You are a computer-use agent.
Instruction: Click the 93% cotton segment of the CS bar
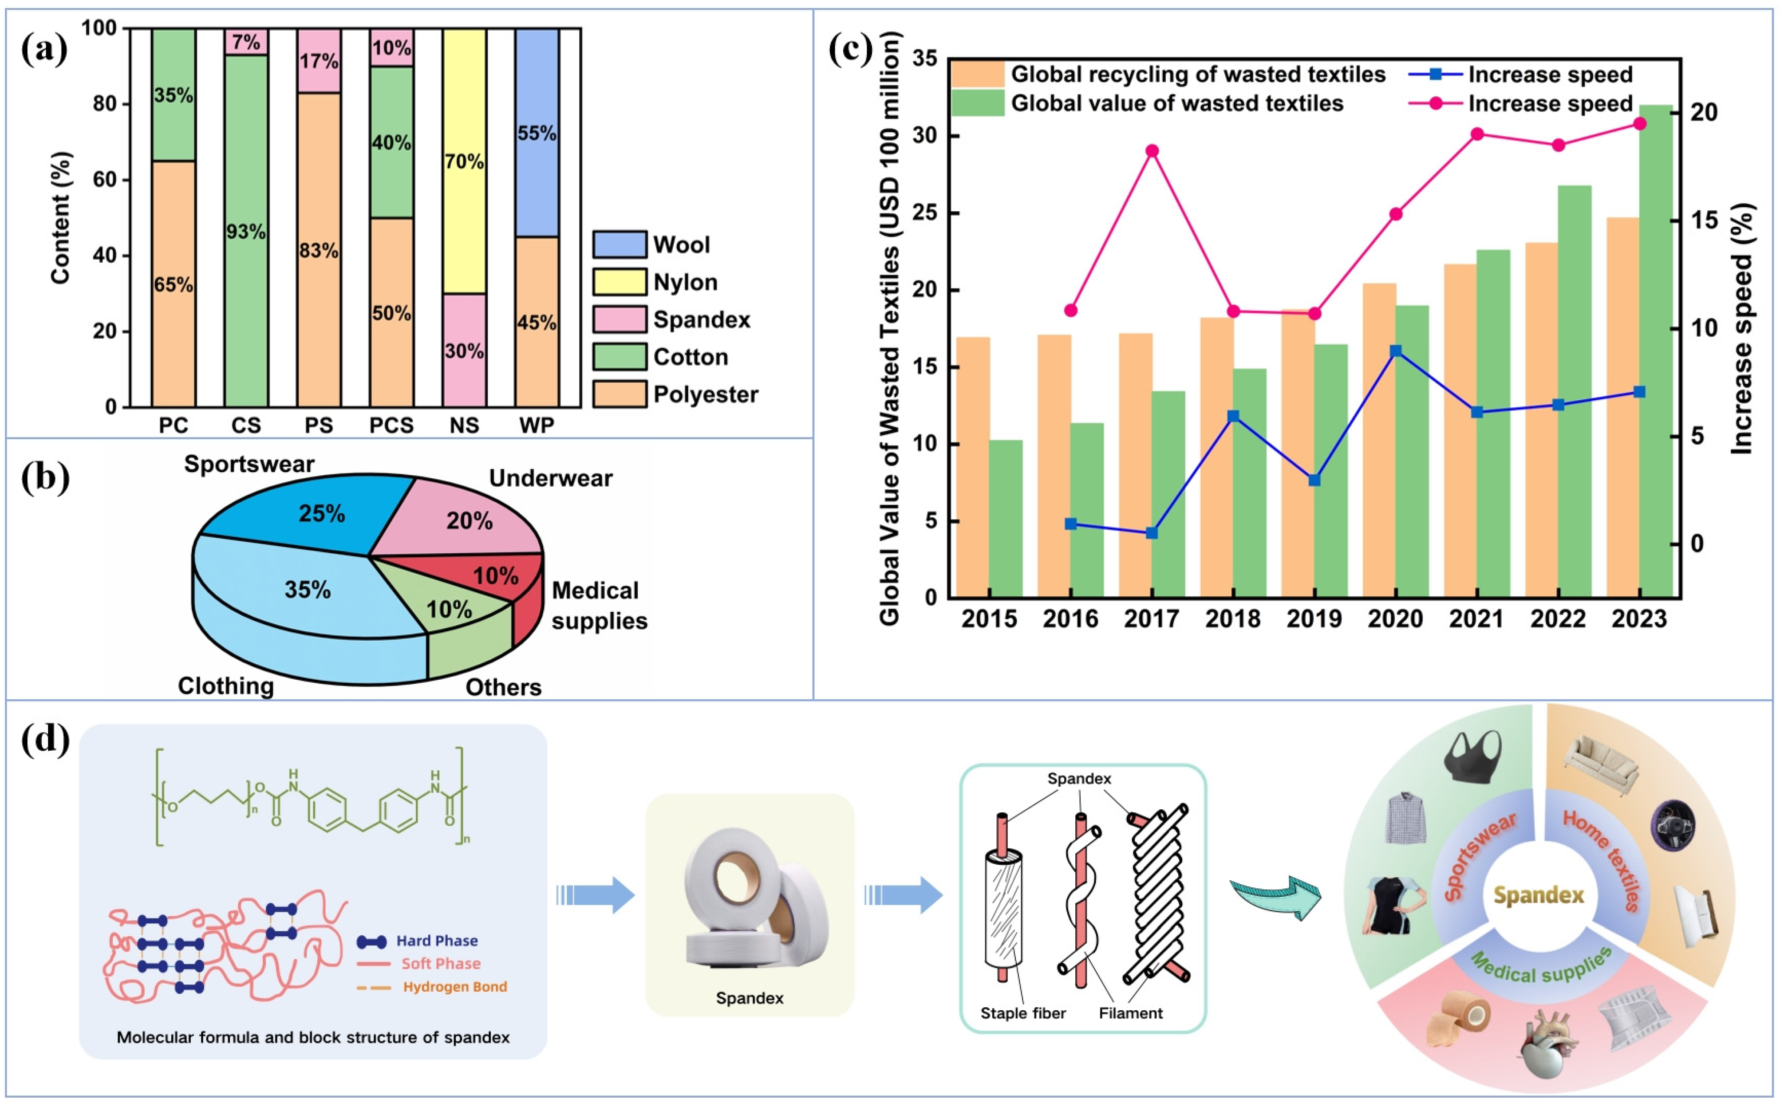coord(245,231)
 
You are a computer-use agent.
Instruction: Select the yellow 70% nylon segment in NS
coord(464,161)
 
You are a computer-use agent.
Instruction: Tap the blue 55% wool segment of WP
coord(537,133)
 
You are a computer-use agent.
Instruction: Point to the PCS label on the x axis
coord(391,425)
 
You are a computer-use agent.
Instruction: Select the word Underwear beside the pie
coord(551,478)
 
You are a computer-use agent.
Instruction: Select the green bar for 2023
coord(1656,351)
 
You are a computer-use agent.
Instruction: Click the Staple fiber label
coord(1023,1013)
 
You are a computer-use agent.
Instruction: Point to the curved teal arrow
coord(1278,897)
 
